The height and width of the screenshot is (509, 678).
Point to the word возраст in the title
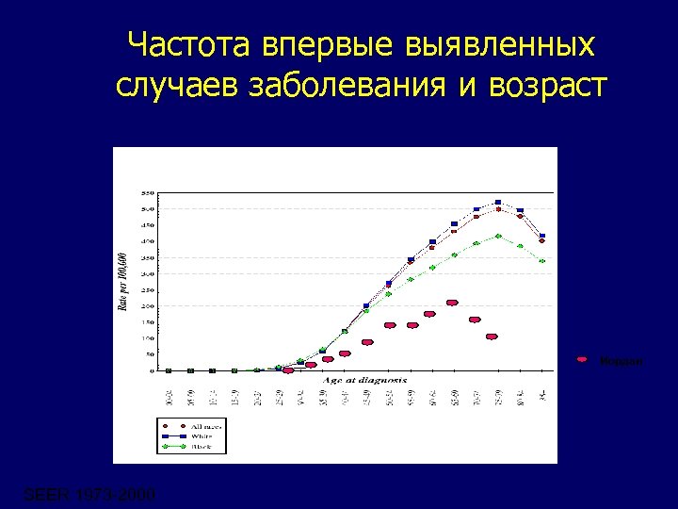coord(548,85)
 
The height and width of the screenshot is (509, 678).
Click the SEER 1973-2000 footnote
coord(89,495)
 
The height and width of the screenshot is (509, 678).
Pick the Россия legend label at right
coord(622,361)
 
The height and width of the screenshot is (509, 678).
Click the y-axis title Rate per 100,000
coord(122,282)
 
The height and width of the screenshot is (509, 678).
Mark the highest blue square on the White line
coord(498,203)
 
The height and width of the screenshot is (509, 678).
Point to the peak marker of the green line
coord(498,236)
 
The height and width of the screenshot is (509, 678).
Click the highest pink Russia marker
coord(452,303)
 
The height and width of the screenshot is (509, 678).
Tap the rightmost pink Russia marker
coord(492,337)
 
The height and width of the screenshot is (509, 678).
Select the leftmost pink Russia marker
coord(288,370)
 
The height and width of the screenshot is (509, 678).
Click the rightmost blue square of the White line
coord(541,236)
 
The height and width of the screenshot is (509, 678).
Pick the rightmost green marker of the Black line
coord(541,261)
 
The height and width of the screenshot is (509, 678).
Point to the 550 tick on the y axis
coord(147,192)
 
